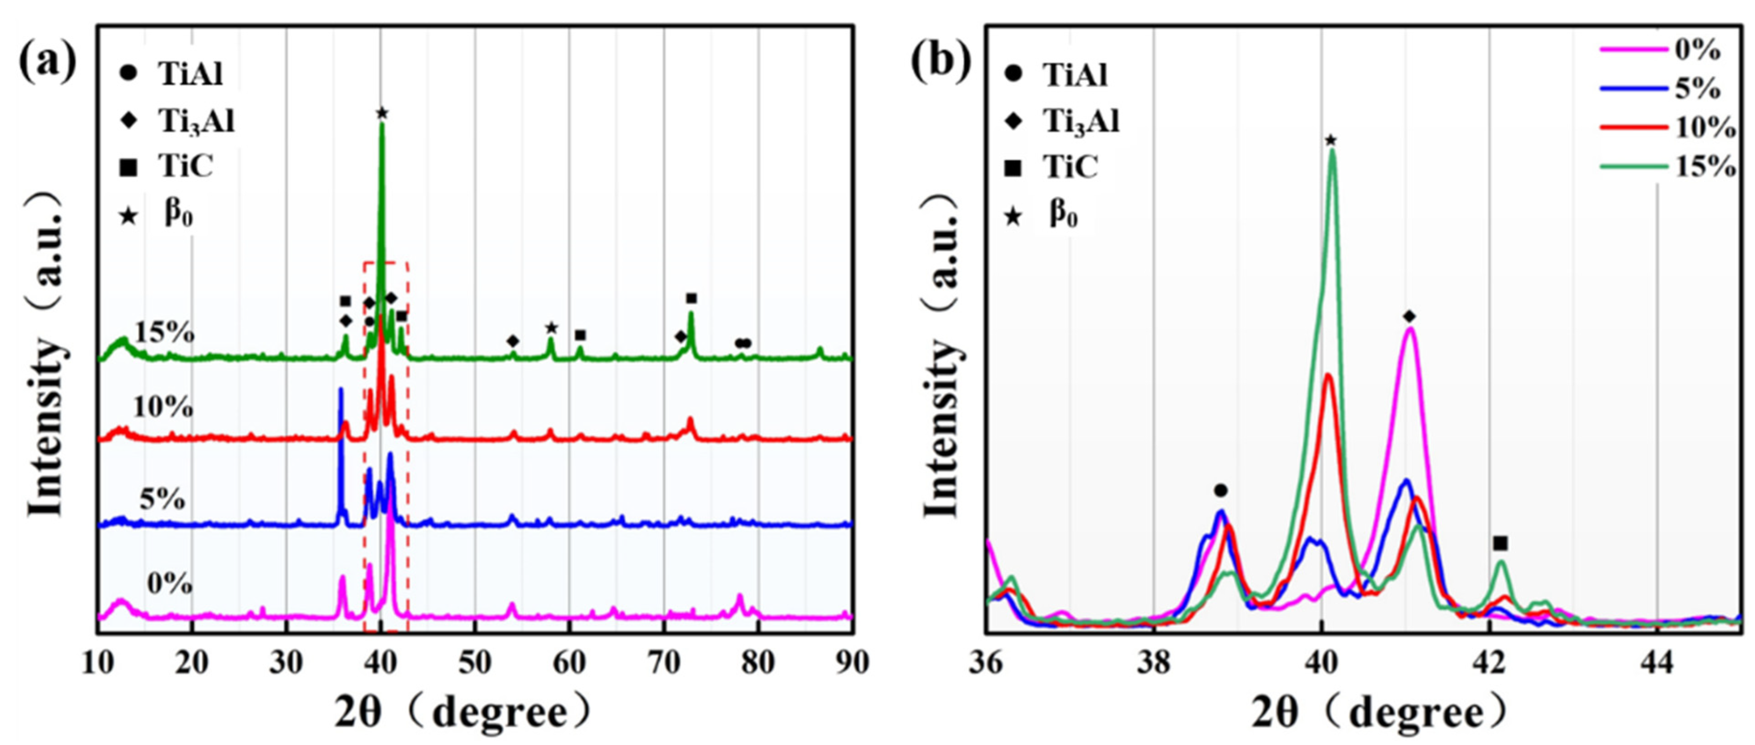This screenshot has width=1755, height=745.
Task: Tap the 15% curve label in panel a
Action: pyautogui.click(x=165, y=333)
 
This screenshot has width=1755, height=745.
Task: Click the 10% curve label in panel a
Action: pyautogui.click(x=163, y=407)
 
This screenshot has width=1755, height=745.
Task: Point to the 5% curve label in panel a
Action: pyautogui.click(x=162, y=501)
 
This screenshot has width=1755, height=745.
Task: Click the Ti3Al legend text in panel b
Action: pyautogui.click(x=1081, y=121)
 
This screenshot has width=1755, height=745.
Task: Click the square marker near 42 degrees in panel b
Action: pyautogui.click(x=1500, y=543)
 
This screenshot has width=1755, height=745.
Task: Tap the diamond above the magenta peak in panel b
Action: pyautogui.click(x=1409, y=316)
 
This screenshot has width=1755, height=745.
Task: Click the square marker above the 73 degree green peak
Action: pyautogui.click(x=692, y=298)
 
